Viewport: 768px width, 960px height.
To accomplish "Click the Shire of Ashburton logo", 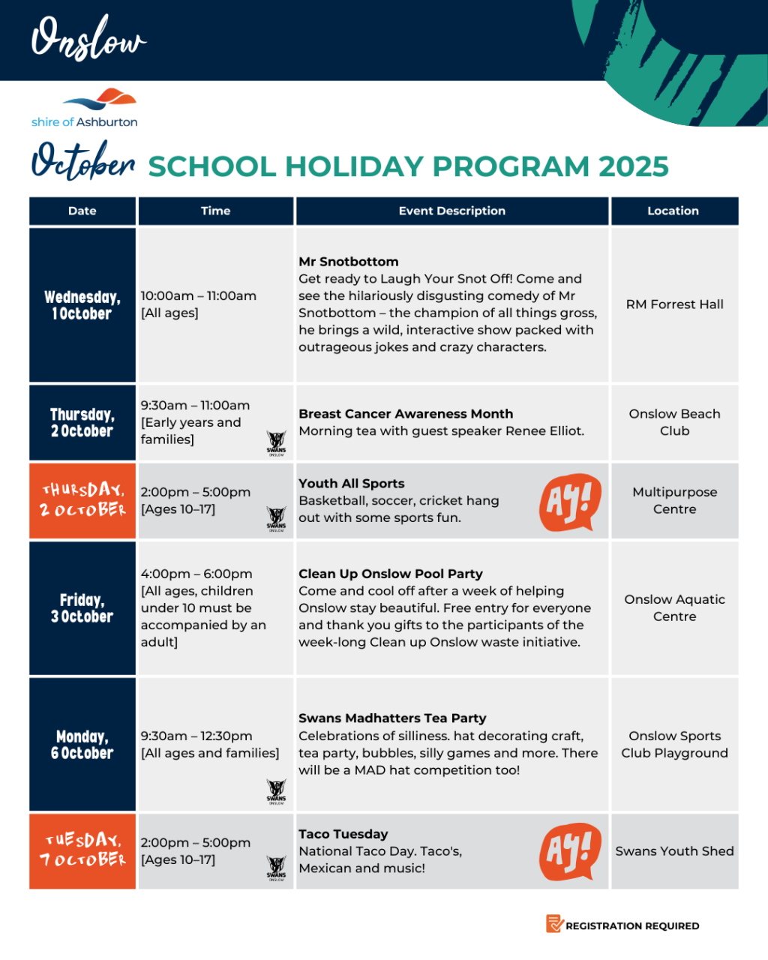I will pyautogui.click(x=85, y=108).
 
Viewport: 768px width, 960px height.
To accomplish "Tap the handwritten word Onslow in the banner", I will pyautogui.click(x=88, y=39).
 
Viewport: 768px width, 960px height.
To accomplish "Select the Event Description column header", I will pyautogui.click(x=451, y=211).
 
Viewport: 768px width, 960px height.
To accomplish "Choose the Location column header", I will pyautogui.click(x=673, y=211).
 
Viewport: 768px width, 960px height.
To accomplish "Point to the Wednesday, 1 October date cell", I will pyautogui.click(x=82, y=305).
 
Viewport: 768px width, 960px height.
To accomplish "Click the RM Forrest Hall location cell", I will pyautogui.click(x=674, y=304).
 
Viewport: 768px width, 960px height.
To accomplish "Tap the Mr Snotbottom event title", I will pyautogui.click(x=348, y=262).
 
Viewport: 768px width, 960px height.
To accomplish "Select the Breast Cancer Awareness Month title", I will pyautogui.click(x=406, y=414).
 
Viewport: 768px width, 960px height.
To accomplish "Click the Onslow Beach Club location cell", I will pyautogui.click(x=674, y=422).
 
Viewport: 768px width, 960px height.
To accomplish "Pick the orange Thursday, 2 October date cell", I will pyautogui.click(x=82, y=500).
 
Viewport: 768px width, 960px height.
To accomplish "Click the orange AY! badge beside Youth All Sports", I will pyautogui.click(x=570, y=501).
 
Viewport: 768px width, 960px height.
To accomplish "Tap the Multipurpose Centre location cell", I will pyautogui.click(x=674, y=500).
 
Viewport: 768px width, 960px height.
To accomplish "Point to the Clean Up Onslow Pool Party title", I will pyautogui.click(x=390, y=574).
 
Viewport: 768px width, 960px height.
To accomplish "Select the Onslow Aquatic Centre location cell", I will pyautogui.click(x=674, y=607).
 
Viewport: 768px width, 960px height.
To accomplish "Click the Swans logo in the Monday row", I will pyautogui.click(x=276, y=790).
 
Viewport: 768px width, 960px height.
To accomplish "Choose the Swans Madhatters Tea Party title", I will pyautogui.click(x=392, y=718).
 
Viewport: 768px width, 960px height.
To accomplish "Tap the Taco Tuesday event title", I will pyautogui.click(x=343, y=834).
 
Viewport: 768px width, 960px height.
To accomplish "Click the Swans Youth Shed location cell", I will pyautogui.click(x=674, y=851).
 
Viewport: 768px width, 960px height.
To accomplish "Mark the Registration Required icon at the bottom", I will pyautogui.click(x=554, y=924).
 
